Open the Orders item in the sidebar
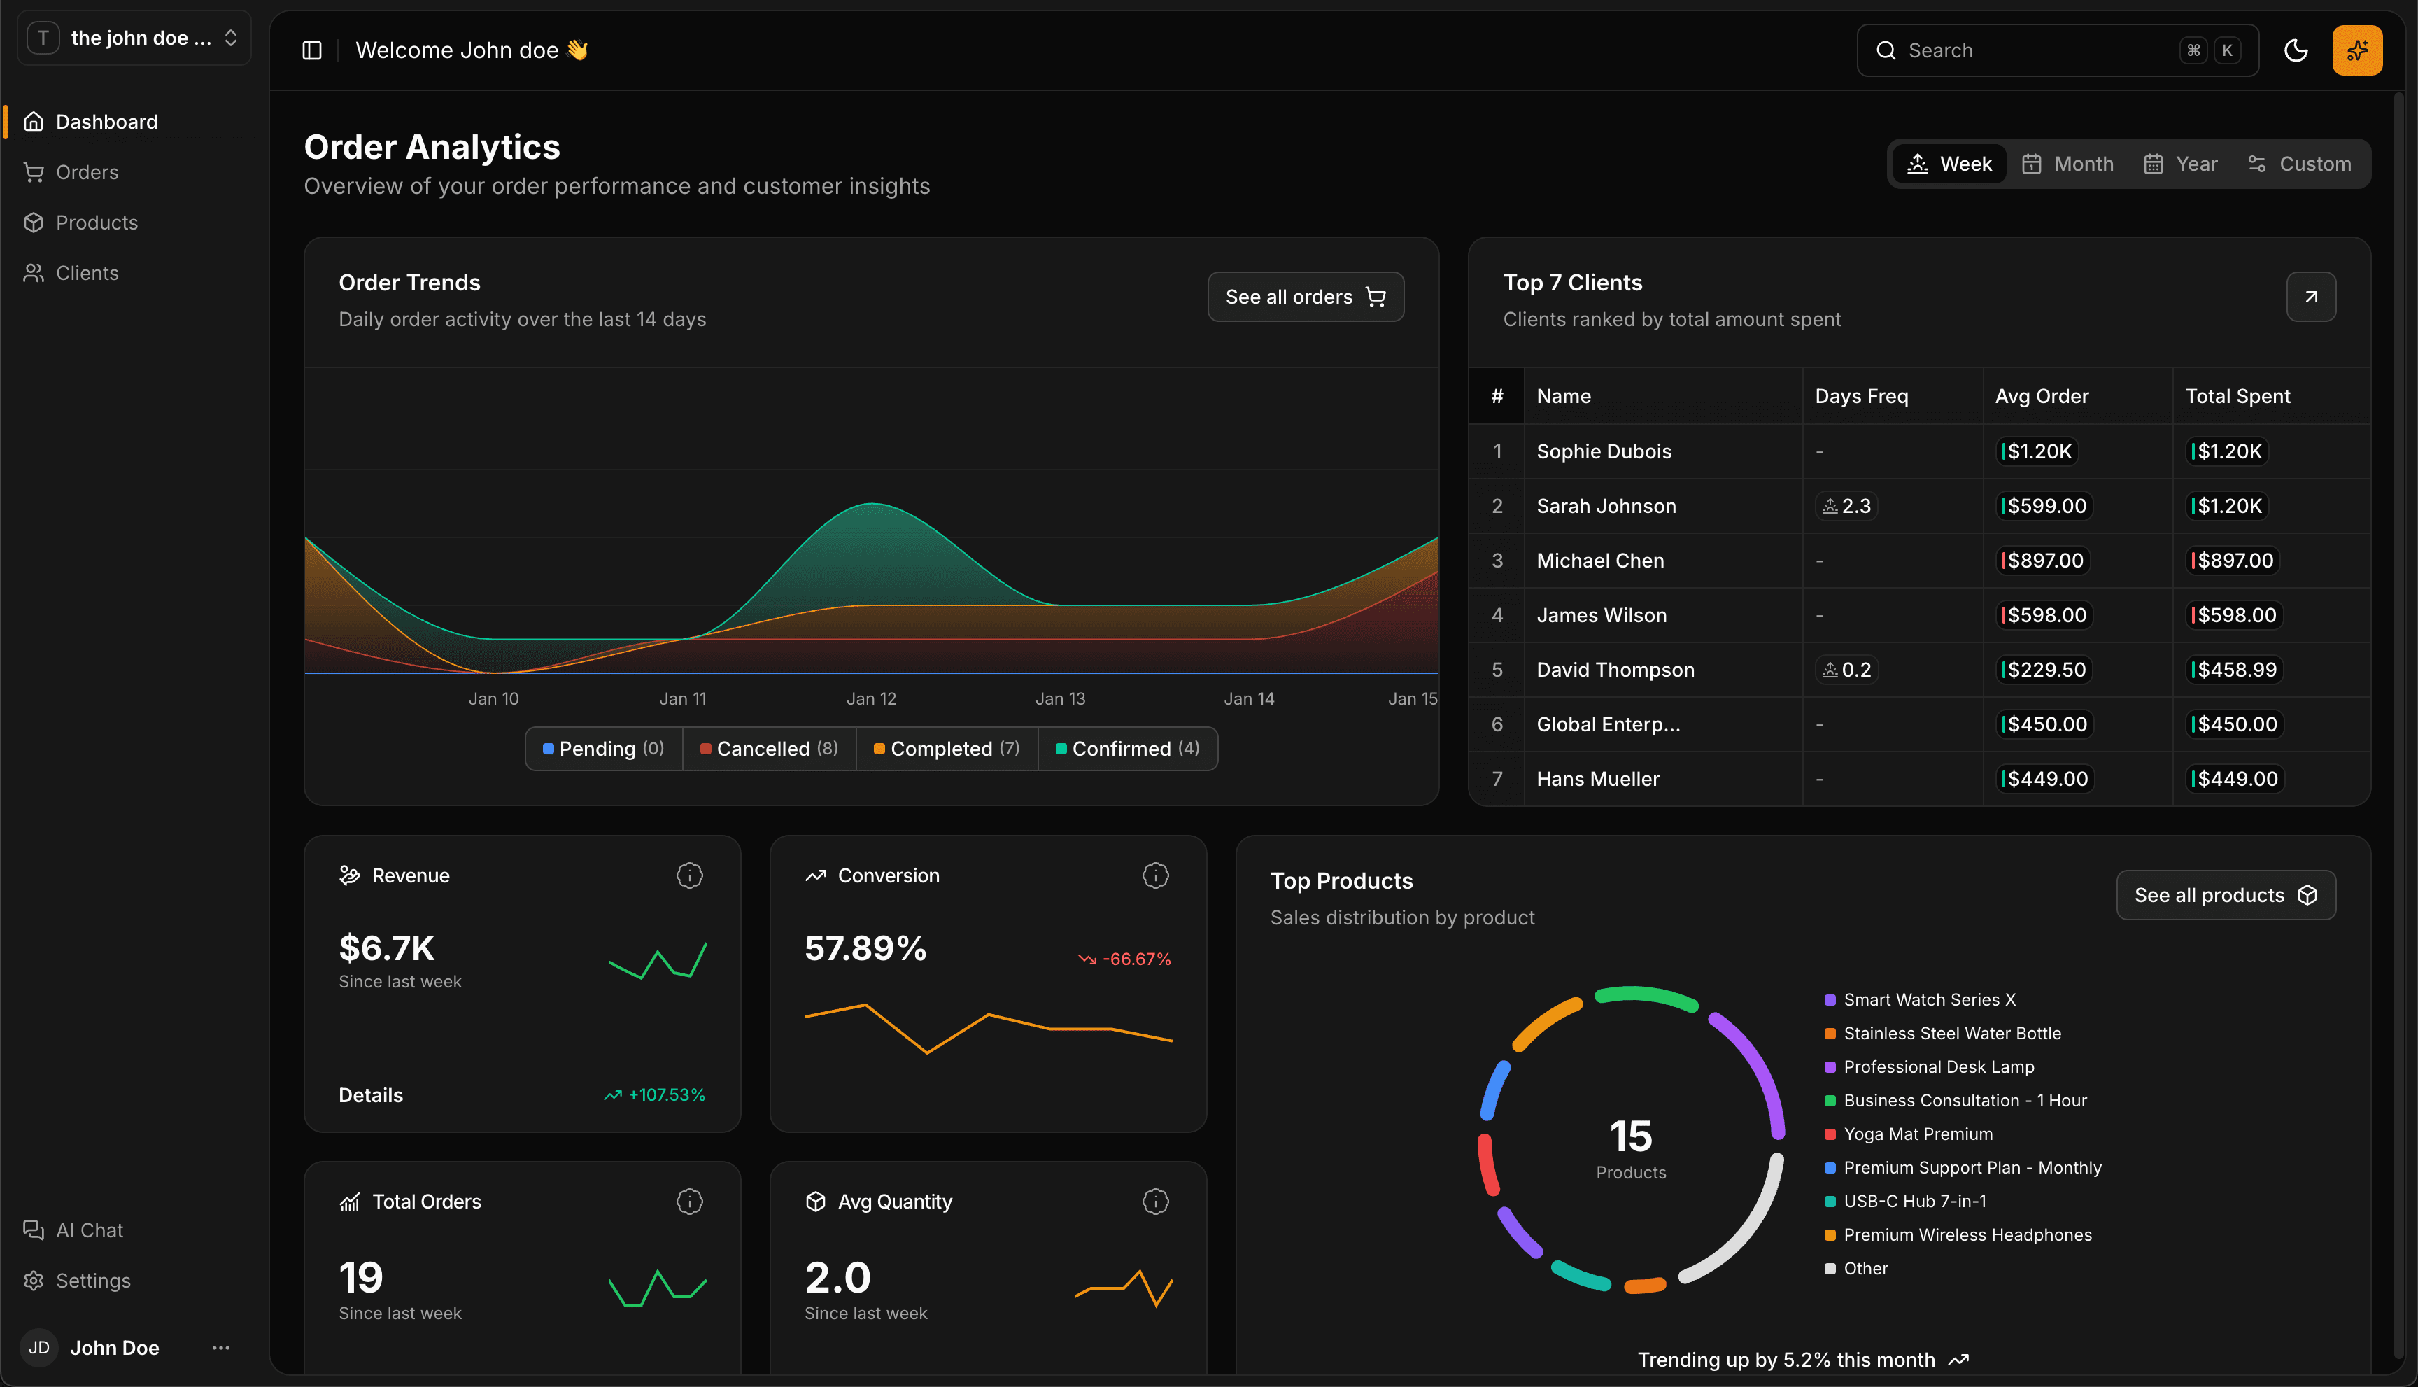[86, 172]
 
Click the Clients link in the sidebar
[86, 274]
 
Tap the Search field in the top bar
[2038, 50]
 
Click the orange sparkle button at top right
[2356, 50]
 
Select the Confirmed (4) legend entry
[1128, 749]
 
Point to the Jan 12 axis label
[871, 699]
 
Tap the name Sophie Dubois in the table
[1604, 451]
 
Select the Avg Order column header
[2041, 396]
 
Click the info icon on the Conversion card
[1155, 875]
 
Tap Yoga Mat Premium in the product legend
[1917, 1134]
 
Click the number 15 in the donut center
[1630, 1136]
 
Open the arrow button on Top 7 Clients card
[2310, 297]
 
